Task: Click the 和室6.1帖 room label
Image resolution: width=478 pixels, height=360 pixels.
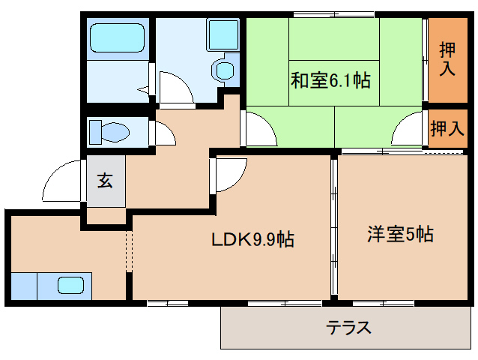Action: point(330,80)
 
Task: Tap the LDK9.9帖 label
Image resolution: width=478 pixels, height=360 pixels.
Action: point(252,240)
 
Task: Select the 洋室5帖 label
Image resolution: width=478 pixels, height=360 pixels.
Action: point(399,234)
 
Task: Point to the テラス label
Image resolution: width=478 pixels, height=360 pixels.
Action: point(348,328)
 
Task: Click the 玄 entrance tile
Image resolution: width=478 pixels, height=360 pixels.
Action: point(104,181)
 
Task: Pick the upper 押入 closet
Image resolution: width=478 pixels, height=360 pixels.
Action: point(447,58)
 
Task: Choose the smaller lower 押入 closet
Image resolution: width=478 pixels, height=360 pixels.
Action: point(447,128)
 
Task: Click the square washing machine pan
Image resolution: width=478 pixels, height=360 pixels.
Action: point(223,34)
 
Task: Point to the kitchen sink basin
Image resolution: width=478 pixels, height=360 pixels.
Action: point(71,286)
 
